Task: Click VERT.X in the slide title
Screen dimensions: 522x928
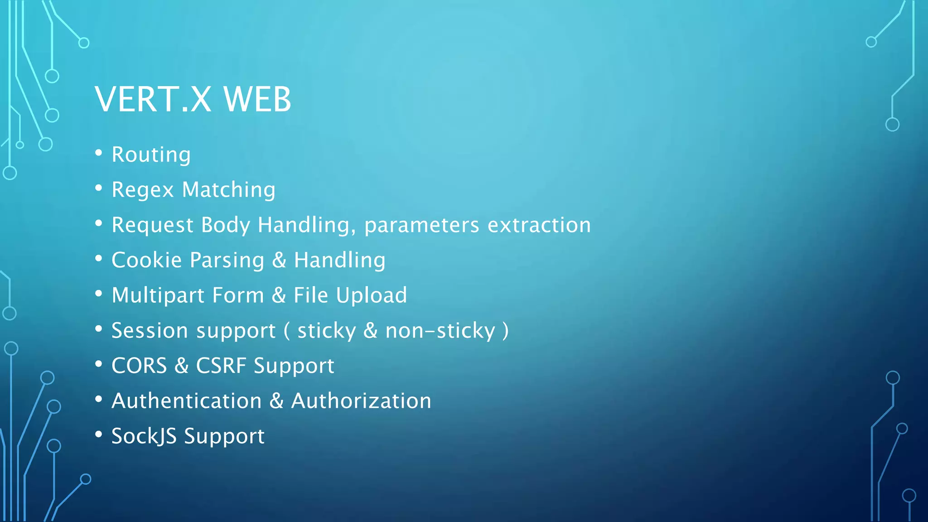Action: pos(153,99)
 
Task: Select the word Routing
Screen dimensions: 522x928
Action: pos(151,155)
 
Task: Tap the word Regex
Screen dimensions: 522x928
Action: pos(143,190)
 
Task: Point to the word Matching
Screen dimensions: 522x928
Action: pos(228,190)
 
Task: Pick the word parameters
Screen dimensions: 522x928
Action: pos(421,225)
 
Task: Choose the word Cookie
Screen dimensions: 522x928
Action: pos(147,260)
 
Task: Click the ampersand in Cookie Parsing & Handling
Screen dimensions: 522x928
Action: pos(279,260)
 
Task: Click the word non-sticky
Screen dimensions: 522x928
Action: pos(440,331)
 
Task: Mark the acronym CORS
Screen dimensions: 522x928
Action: pos(139,366)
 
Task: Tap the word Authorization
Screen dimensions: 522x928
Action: pos(361,401)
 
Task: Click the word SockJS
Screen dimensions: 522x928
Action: pos(144,436)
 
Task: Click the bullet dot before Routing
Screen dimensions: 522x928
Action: pos(99,153)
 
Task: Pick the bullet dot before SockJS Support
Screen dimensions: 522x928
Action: pos(99,435)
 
